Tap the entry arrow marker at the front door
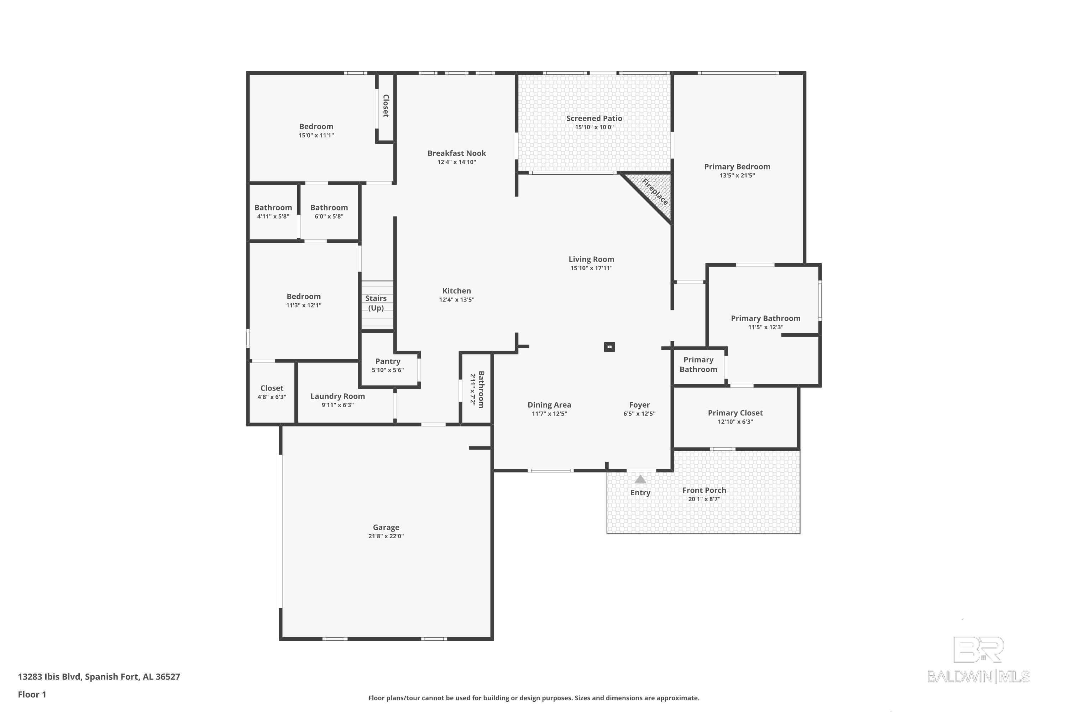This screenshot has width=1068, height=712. click(x=640, y=479)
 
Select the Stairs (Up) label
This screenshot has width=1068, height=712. click(x=376, y=303)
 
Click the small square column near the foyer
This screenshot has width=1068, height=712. click(x=609, y=347)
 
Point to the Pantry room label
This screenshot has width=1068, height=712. click(x=388, y=361)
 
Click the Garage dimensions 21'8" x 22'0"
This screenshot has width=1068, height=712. click(x=386, y=536)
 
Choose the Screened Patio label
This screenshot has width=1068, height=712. click(x=594, y=119)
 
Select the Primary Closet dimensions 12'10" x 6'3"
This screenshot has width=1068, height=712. click(x=735, y=422)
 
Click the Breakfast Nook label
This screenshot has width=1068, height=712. click(x=456, y=153)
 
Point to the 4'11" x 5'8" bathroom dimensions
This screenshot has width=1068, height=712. click(x=273, y=216)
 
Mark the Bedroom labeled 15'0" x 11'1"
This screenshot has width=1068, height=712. click(x=316, y=127)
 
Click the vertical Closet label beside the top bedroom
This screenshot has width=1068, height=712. click(x=386, y=106)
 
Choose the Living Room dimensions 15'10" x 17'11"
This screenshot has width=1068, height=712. click(x=591, y=268)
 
